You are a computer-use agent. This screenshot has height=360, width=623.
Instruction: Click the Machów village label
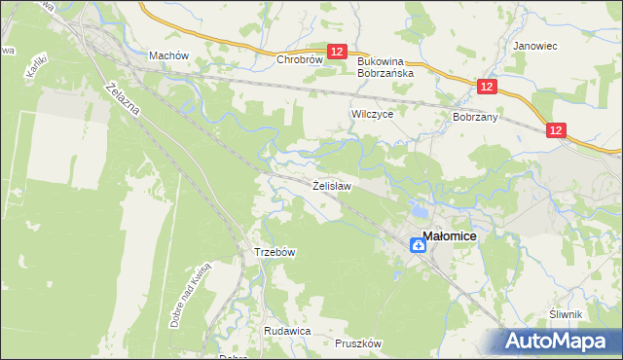pyautogui.click(x=167, y=55)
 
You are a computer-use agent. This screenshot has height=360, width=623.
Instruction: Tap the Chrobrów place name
pyautogui.click(x=299, y=59)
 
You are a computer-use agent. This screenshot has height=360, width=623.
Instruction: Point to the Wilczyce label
pyautogui.click(x=371, y=114)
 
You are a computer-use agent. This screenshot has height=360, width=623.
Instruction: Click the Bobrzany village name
pyautogui.click(x=475, y=116)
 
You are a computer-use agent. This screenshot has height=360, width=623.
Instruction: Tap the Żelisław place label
pyautogui.click(x=331, y=184)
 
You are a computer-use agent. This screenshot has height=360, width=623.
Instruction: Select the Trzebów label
pyautogui.click(x=275, y=251)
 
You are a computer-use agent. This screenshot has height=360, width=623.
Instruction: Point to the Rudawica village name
pyautogui.click(x=286, y=331)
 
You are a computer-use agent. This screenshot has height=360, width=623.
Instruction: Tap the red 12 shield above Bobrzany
pyautogui.click(x=488, y=88)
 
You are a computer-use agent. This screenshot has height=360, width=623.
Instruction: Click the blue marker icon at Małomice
pyautogui.click(x=417, y=245)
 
